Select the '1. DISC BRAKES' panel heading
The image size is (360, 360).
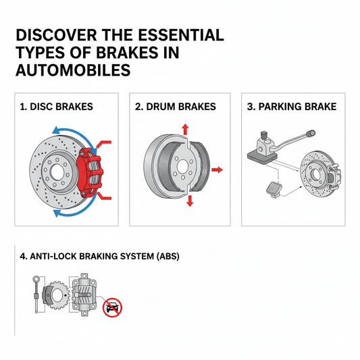[x=57, y=107]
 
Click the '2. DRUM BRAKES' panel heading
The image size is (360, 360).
[x=175, y=107]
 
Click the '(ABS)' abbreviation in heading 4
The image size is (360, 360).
[x=165, y=256]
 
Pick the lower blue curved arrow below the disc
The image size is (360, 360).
[x=68, y=213]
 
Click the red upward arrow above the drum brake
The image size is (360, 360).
[x=185, y=130]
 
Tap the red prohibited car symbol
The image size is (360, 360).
[x=112, y=308]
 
